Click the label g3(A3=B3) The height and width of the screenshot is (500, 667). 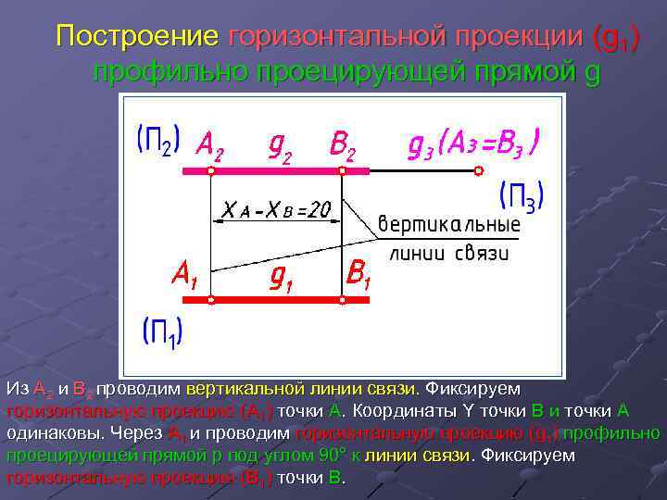474,143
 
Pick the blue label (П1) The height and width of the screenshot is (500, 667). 162,331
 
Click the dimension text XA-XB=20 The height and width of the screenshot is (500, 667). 275,211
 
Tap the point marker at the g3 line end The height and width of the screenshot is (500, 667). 479,170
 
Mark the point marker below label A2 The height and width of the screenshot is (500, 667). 211,171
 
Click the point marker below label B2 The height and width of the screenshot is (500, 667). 342,171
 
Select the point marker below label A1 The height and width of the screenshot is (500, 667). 211,300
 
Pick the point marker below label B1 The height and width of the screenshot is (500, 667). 342,300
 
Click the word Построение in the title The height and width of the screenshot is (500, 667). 137,37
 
